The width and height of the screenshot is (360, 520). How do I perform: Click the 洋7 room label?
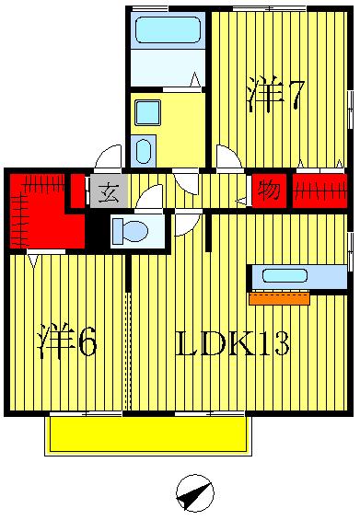click(x=274, y=96)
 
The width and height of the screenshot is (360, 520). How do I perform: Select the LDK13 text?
click(x=232, y=343)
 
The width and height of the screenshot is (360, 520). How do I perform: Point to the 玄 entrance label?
click(x=109, y=193)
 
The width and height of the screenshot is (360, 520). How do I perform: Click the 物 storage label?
click(x=269, y=192)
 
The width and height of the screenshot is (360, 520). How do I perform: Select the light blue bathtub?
click(x=168, y=30)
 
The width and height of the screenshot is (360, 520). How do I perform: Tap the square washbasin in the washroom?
click(x=147, y=112)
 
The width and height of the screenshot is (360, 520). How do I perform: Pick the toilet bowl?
click(x=131, y=231)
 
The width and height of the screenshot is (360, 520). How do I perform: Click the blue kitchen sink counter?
click(x=285, y=276)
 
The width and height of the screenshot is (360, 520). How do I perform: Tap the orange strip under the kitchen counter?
click(x=279, y=298)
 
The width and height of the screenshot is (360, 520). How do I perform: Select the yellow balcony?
click(x=147, y=433)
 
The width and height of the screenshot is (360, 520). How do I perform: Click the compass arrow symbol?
click(x=193, y=494)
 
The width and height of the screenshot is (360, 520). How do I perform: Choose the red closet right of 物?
click(x=319, y=191)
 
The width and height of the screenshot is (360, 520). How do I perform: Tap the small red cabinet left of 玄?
click(x=78, y=191)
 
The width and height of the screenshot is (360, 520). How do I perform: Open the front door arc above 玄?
click(x=109, y=157)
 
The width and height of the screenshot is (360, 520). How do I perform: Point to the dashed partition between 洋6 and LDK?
click(x=128, y=350)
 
